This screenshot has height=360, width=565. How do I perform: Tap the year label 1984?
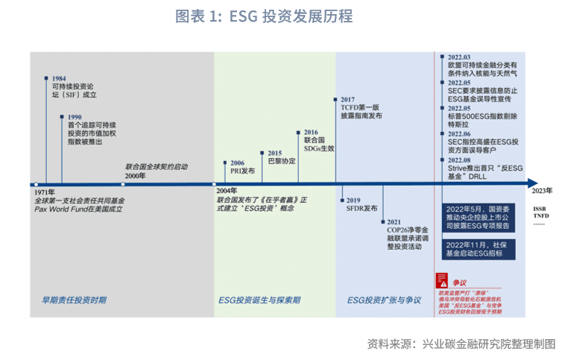tap(58, 77)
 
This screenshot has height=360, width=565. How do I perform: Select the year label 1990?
tap(75, 117)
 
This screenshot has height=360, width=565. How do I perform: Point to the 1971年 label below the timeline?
tap(44, 192)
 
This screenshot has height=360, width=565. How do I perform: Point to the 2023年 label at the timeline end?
tap(543, 192)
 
